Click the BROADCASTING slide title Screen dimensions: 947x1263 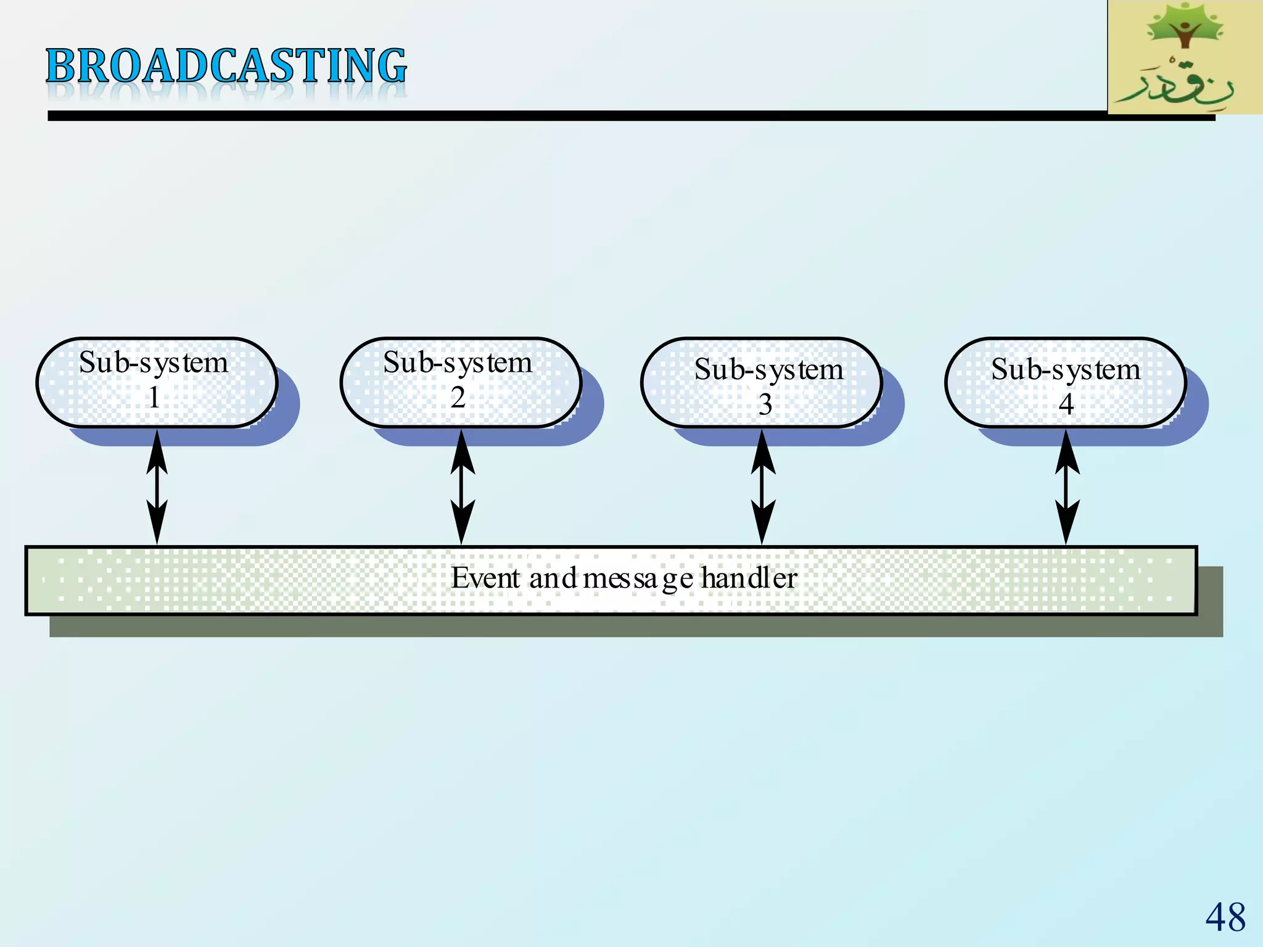point(226,66)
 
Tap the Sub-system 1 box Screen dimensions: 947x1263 point(157,382)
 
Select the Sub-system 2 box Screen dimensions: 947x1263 point(461,382)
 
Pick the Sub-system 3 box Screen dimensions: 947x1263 point(762,382)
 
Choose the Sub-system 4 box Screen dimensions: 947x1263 point(1066,382)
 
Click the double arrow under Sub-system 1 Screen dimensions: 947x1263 point(157,487)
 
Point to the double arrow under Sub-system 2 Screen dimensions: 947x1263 point(462,487)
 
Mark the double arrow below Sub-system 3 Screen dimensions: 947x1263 point(763,487)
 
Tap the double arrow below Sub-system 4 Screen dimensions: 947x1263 point(1067,487)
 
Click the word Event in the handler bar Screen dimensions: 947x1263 point(485,578)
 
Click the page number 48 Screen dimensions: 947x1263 point(1225,917)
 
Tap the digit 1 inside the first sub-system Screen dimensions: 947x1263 point(154,398)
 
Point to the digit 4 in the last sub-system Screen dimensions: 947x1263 point(1066,404)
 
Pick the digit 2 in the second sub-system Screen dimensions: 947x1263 point(458,398)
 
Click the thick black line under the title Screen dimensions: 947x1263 point(555,116)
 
